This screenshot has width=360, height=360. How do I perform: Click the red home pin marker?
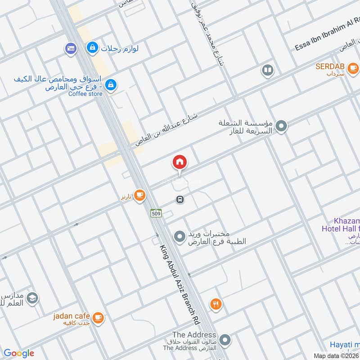pyautogui.click(x=180, y=162)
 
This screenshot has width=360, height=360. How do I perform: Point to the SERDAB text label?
pyautogui.click(x=329, y=67)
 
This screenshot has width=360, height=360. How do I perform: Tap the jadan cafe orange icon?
pyautogui.click(x=99, y=318)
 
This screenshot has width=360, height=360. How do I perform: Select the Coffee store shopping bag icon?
pyautogui.click(x=111, y=83)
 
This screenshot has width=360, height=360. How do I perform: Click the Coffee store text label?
pyautogui.click(x=85, y=94)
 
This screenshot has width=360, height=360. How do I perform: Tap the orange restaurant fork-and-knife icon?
pyautogui.click(x=216, y=305)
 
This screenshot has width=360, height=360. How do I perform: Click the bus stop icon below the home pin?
pyautogui.click(x=180, y=199)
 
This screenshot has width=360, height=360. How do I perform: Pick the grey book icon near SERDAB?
pyautogui.click(x=267, y=70)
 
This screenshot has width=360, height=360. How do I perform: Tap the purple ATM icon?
pyautogui.click(x=70, y=48)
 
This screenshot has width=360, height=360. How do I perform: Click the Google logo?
pyautogui.click(x=18, y=353)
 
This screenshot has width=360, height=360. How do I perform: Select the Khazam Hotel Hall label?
pyautogui.click(x=341, y=225)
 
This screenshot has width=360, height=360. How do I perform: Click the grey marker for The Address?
pyautogui.click(x=225, y=339)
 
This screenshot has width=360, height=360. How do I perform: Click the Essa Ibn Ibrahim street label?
pyautogui.click(x=327, y=34)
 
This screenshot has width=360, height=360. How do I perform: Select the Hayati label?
pyautogui.click(x=344, y=344)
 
